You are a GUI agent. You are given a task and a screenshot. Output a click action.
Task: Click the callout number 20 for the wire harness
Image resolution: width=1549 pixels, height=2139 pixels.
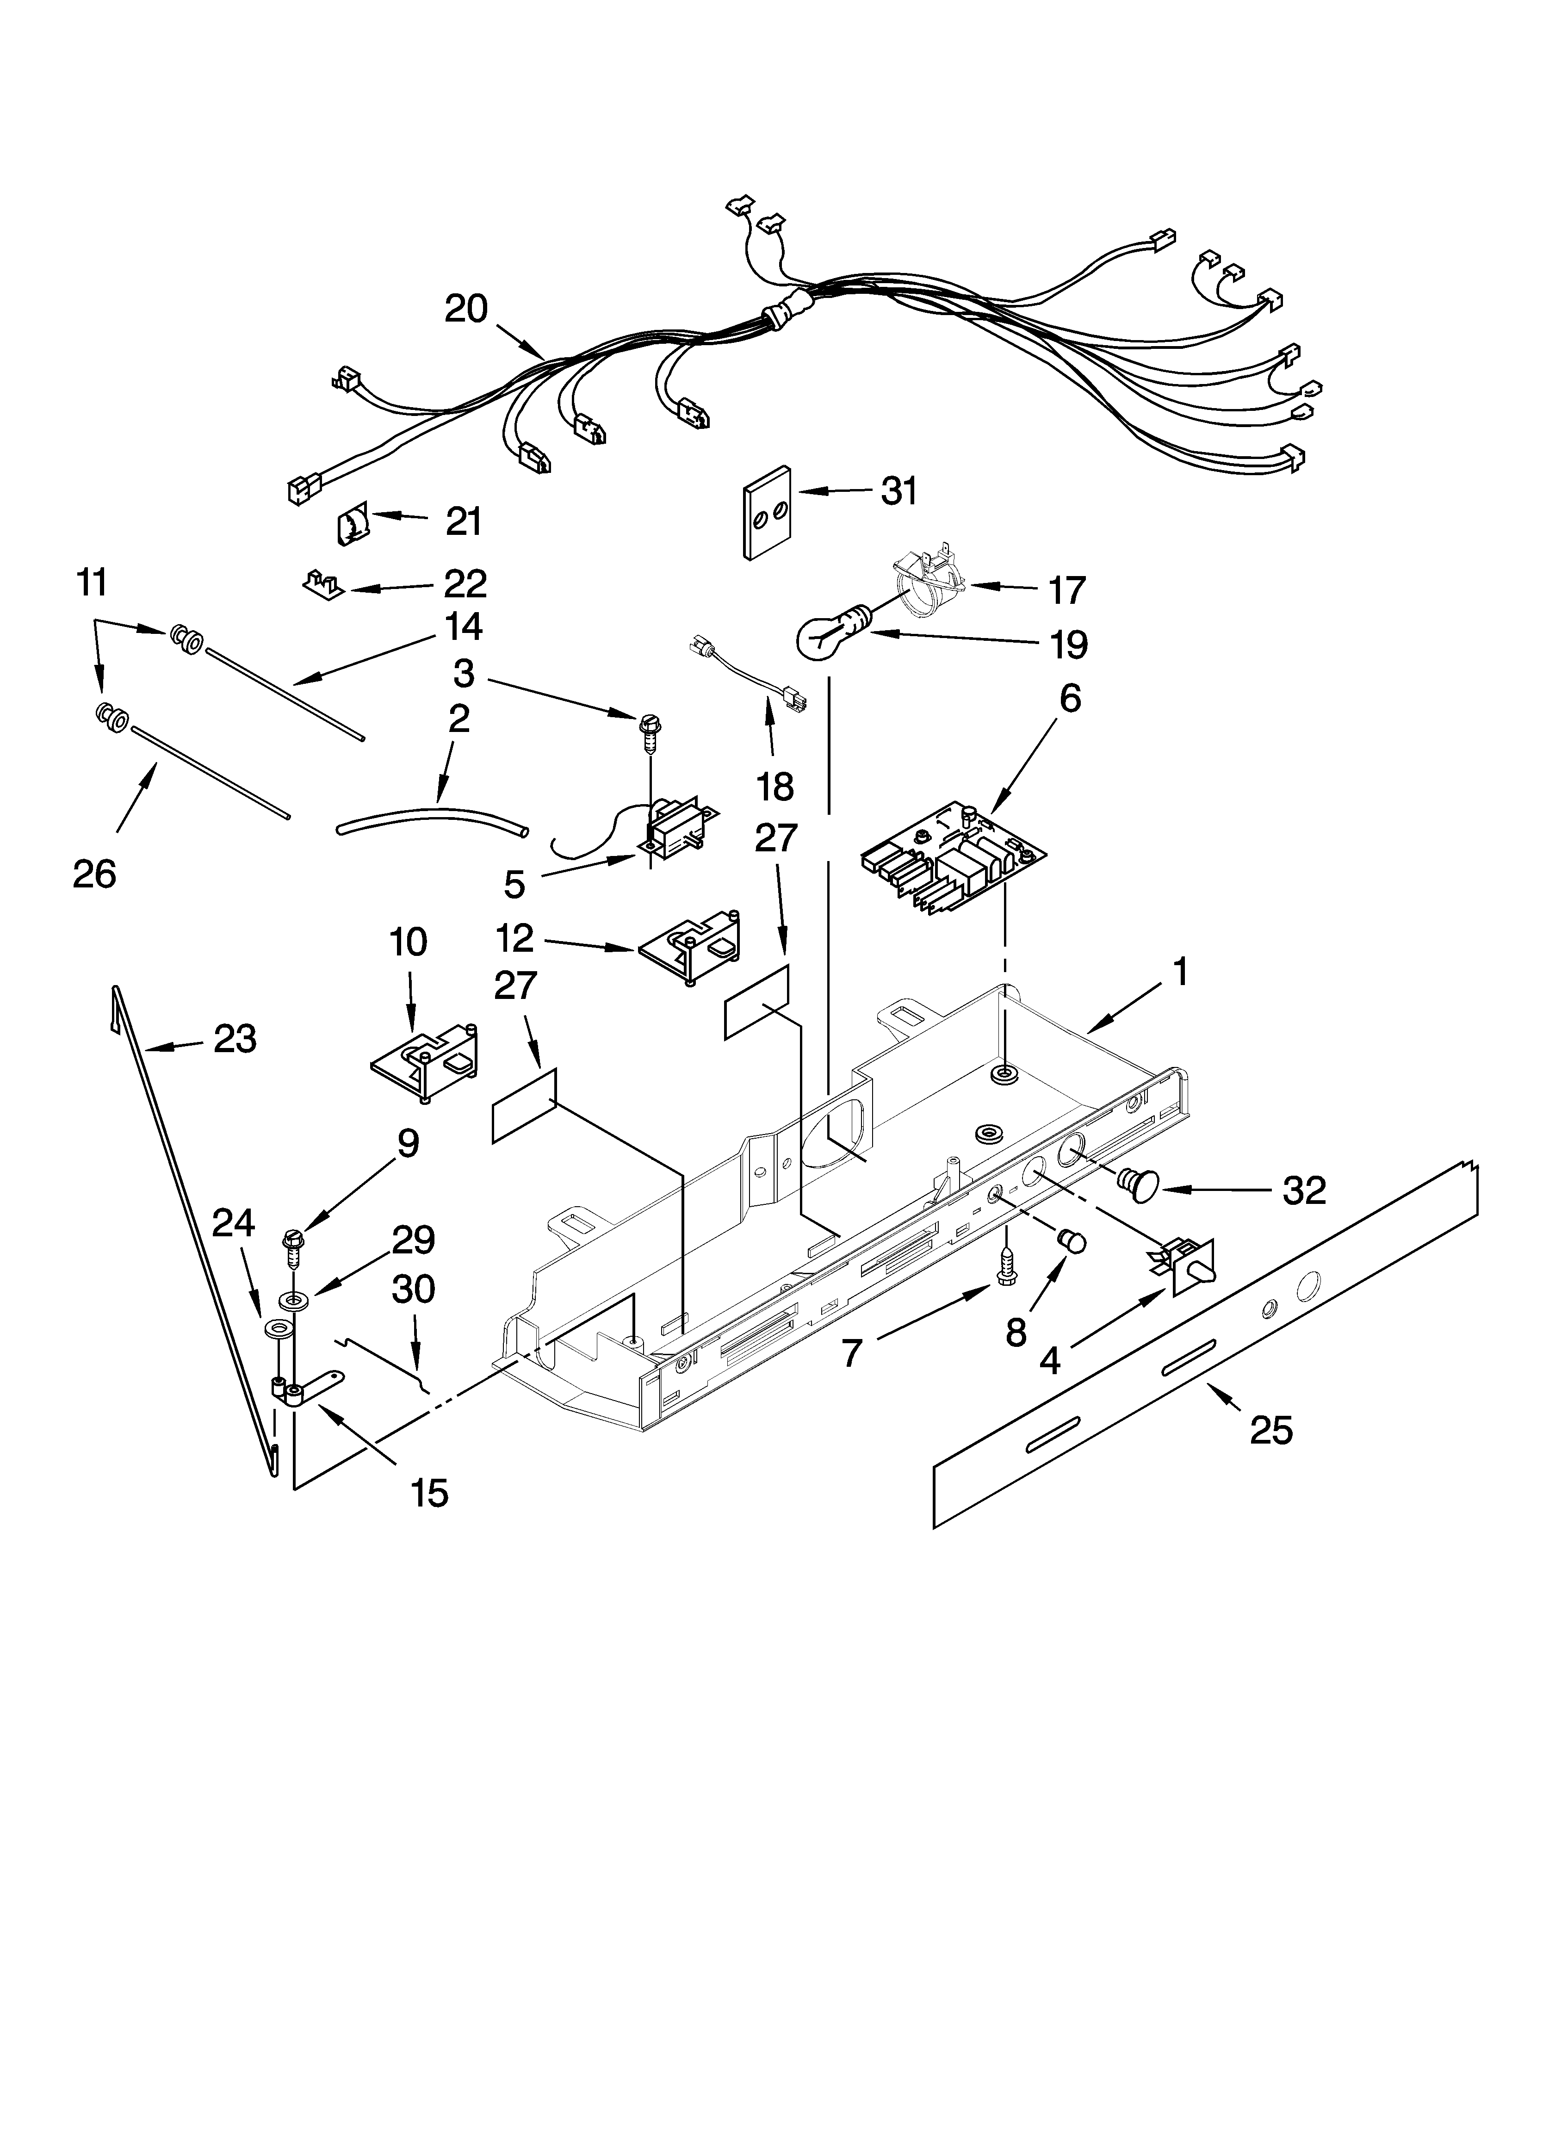tap(466, 309)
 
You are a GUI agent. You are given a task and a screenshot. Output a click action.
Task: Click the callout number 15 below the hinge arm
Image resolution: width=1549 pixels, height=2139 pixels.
tap(430, 1493)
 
